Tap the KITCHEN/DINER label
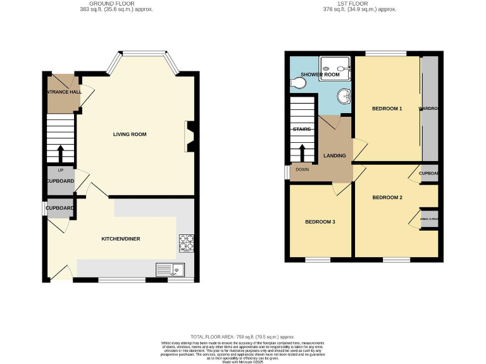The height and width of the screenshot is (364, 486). pyautogui.click(x=121, y=239)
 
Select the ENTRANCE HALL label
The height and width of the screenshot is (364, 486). pyautogui.click(x=63, y=92)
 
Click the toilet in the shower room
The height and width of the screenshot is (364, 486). pyautogui.click(x=299, y=82)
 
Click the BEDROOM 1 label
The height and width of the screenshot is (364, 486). pyautogui.click(x=387, y=109)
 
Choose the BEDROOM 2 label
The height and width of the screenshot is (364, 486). pyautogui.click(x=387, y=198)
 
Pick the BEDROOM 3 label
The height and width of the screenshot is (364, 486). pyautogui.click(x=320, y=222)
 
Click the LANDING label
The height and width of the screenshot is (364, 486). pyautogui.click(x=335, y=155)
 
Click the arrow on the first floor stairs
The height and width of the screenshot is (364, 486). pyautogui.click(x=302, y=152)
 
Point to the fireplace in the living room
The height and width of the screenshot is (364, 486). pyautogui.click(x=189, y=136)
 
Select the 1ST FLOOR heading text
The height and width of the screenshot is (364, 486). pyautogui.click(x=359, y=4)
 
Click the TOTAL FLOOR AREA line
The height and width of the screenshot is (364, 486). pyautogui.click(x=242, y=337)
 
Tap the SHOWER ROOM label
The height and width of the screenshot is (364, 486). pyautogui.click(x=323, y=75)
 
